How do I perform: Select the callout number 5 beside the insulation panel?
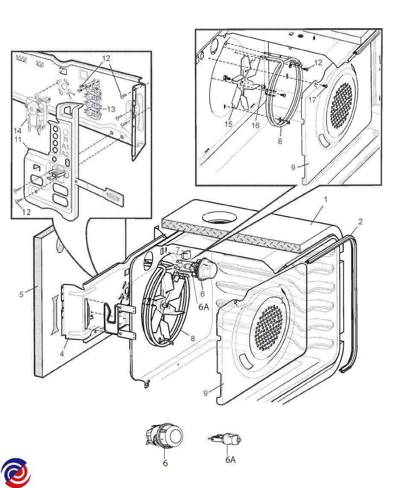click(21, 294)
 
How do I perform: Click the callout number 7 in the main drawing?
click(178, 249)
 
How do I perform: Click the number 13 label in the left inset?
click(111, 109)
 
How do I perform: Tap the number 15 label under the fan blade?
click(229, 124)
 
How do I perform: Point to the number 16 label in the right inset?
click(255, 125)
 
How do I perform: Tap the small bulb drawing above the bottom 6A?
click(226, 439)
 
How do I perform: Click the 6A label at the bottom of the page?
click(230, 460)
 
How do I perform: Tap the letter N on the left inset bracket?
click(65, 139)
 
